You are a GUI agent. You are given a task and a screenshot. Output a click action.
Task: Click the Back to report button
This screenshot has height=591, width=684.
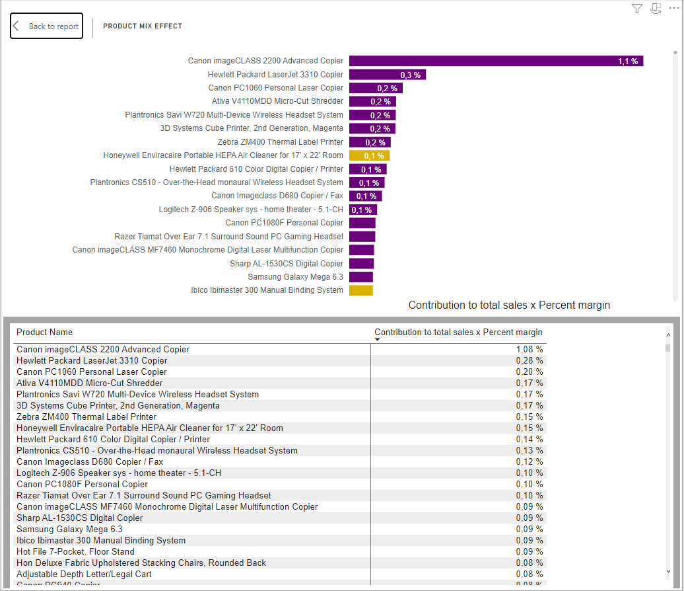(46, 26)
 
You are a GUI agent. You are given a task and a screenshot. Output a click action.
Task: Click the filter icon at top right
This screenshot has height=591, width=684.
(636, 9)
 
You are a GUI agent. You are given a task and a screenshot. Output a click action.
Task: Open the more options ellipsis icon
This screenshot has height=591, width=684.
(673, 8)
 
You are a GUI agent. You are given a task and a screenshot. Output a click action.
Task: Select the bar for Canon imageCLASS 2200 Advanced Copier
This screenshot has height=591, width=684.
(495, 61)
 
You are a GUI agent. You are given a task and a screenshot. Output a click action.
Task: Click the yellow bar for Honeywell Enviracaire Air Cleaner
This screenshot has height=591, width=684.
(369, 155)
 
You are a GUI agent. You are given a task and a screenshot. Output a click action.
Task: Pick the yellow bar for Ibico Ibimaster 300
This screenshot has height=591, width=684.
(361, 290)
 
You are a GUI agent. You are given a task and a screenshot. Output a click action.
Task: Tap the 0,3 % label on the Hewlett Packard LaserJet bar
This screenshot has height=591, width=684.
(410, 75)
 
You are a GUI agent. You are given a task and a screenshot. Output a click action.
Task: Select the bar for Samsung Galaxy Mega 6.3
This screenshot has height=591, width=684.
(361, 277)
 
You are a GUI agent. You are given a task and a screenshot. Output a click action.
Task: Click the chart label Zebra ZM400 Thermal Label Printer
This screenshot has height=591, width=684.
(280, 142)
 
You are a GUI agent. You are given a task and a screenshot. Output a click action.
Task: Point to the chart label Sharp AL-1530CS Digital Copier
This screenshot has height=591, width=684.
(287, 264)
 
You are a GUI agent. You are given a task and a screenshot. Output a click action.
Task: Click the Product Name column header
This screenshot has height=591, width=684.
(45, 333)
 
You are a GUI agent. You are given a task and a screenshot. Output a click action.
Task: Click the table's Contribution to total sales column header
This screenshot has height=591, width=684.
(458, 333)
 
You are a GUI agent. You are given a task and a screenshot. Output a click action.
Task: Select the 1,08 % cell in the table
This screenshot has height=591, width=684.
(530, 350)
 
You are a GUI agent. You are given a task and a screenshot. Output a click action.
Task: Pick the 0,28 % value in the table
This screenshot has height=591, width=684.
(530, 361)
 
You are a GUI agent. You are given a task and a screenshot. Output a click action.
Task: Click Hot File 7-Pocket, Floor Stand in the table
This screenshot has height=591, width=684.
(75, 552)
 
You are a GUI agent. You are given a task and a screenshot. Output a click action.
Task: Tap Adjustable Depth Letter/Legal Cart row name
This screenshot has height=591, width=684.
(84, 574)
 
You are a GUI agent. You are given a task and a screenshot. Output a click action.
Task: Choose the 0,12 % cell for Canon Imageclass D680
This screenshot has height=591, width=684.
(530, 462)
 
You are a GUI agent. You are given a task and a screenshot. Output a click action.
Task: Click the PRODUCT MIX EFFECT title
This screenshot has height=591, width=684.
(143, 26)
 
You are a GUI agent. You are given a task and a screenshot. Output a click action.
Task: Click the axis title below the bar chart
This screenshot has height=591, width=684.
(509, 305)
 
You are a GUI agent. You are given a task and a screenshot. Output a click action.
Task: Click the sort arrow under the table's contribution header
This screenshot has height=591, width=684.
(378, 340)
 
